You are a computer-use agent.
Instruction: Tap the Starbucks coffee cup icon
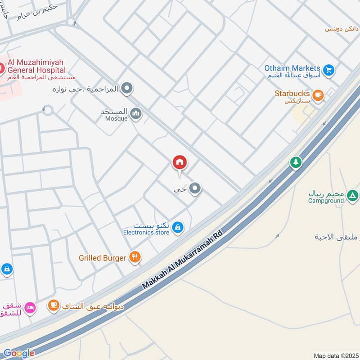click(318, 94)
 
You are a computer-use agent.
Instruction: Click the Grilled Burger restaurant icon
click(135, 257)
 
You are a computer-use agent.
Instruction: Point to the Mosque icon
click(136, 114)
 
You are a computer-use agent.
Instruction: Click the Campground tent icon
click(353, 196)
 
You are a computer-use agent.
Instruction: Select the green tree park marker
click(296, 162)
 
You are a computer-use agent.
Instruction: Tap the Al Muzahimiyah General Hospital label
click(35, 66)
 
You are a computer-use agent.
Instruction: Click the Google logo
click(18, 354)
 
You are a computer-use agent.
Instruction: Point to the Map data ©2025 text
click(335, 355)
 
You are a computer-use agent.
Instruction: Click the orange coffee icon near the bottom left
click(54, 306)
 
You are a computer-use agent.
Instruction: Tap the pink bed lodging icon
click(30, 307)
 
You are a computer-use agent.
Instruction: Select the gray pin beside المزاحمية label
click(127, 88)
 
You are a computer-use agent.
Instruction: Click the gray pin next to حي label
click(194, 189)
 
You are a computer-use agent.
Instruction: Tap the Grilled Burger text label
click(102, 258)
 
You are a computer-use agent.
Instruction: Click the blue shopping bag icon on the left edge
click(7, 270)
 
